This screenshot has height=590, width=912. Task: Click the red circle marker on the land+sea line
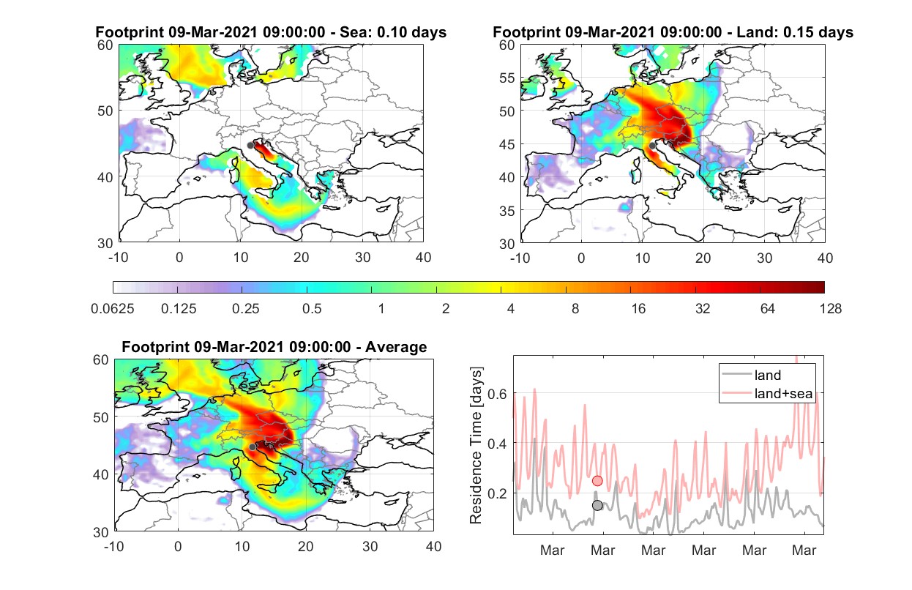coord(597,481)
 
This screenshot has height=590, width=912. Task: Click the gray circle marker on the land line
coord(597,505)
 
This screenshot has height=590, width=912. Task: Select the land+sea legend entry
coord(767,393)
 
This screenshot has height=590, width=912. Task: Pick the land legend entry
coord(752,375)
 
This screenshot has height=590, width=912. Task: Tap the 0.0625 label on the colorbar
coord(113,309)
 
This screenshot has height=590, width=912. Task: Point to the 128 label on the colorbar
coord(830,309)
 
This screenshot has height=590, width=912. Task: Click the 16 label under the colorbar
coord(638,309)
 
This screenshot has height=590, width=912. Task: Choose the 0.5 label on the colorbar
coord(312,309)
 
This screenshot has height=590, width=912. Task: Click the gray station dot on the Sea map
coord(250,146)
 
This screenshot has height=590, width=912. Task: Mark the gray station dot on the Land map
coord(652,146)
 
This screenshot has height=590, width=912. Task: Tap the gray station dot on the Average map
coord(253,447)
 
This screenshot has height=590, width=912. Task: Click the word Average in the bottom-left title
coord(396,347)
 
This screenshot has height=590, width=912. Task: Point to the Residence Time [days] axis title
coord(476,445)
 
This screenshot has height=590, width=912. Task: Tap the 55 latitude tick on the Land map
coord(507,78)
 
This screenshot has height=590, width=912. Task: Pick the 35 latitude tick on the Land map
coord(507,211)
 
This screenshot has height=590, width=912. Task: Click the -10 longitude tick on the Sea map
coord(118,258)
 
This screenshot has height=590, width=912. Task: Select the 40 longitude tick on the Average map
coord(433,546)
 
